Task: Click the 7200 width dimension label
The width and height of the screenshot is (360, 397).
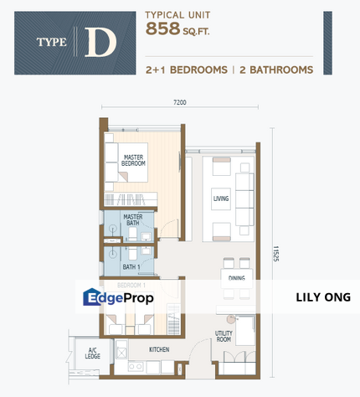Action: tap(179, 101)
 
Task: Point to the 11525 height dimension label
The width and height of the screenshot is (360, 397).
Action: tap(275, 251)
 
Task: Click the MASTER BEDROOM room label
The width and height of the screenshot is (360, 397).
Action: tap(134, 161)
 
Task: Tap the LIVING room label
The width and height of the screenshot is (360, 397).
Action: tap(221, 198)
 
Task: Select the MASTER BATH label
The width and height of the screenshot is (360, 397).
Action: tap(134, 220)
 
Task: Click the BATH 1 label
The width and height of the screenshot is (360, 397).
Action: tap(131, 267)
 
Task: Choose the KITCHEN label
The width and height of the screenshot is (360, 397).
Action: tap(160, 348)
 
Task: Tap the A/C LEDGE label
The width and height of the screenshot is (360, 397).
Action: tap(92, 353)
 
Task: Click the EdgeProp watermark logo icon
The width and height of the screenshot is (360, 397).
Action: tap(93, 298)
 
